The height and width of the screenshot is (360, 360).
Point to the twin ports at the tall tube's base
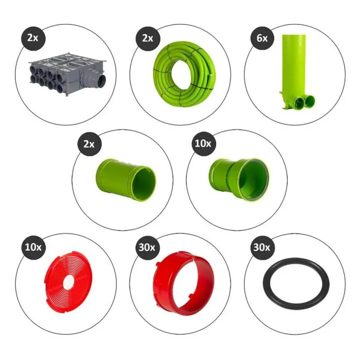click(x=305, y=100)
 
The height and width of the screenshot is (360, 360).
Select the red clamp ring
click(x=184, y=283)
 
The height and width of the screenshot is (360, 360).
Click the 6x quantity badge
click(x=262, y=38)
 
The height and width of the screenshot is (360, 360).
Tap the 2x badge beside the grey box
click(x=33, y=38)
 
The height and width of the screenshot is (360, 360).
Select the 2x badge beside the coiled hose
click(x=148, y=38)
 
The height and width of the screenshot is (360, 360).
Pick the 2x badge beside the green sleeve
click(x=89, y=144)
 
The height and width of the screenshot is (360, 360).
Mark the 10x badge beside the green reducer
click(x=203, y=144)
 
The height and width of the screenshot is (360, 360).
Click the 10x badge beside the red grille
click(x=33, y=247)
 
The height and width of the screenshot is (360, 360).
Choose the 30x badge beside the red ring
click(x=147, y=247)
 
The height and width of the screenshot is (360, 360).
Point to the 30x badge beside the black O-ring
click(x=261, y=247)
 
